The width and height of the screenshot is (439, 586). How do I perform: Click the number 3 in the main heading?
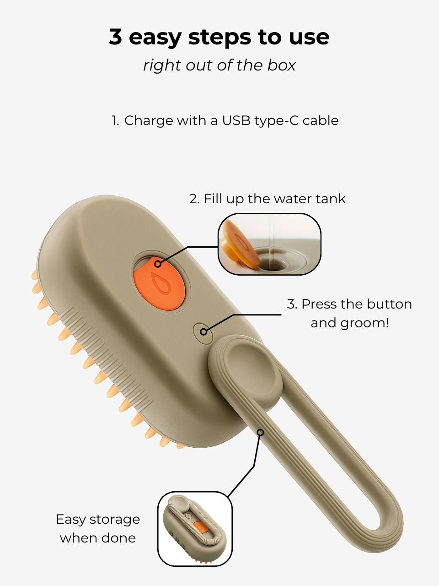click(116, 37)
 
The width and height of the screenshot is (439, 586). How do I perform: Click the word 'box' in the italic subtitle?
click(282, 65)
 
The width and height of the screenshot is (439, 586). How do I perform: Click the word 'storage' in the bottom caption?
click(115, 520)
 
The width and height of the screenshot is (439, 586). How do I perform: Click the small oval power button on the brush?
click(203, 331)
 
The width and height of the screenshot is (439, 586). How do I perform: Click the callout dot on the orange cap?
click(158, 264)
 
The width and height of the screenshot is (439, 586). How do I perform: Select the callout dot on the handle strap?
click(260, 432)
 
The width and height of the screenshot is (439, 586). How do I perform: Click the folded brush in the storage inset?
click(194, 529)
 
